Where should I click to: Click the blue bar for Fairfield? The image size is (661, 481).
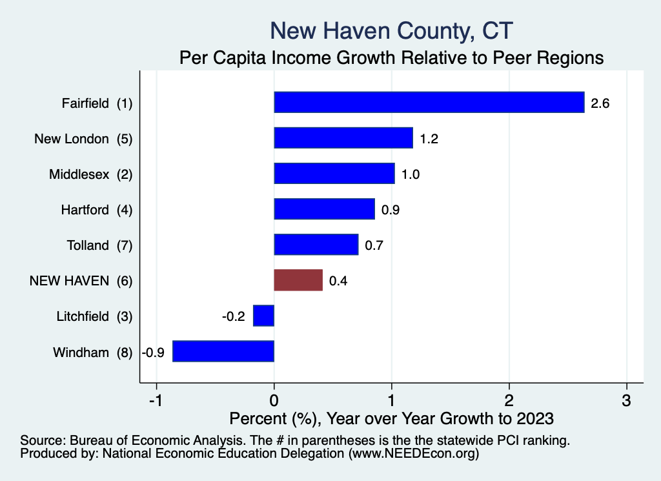pos(429,102)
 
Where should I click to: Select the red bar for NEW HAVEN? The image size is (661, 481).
pos(298,280)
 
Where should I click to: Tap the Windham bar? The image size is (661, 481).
pos(223,351)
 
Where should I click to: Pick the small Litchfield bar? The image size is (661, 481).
pos(264,316)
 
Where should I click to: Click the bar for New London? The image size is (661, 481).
pos(343,138)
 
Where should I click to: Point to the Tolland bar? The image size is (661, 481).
pos(316,245)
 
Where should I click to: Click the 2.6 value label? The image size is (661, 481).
pos(600,103)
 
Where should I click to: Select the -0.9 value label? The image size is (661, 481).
pos(153,353)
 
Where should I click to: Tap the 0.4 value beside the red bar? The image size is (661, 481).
pos(338,281)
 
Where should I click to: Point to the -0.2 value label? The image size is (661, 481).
pos(234,316)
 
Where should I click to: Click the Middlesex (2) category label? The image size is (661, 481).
pos(90,174)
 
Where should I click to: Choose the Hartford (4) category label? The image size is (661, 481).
pos(97,210)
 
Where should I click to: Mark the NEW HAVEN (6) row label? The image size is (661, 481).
pos(81,281)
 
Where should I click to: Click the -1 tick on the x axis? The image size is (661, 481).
pos(156,400)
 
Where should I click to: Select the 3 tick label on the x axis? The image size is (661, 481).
pos(626,400)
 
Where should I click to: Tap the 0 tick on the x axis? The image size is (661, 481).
pos(274,400)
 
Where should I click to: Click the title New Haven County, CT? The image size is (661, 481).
pos(391,31)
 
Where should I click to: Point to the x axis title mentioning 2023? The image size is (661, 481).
pos(391,418)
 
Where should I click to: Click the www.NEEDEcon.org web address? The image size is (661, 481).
pos(414,453)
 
